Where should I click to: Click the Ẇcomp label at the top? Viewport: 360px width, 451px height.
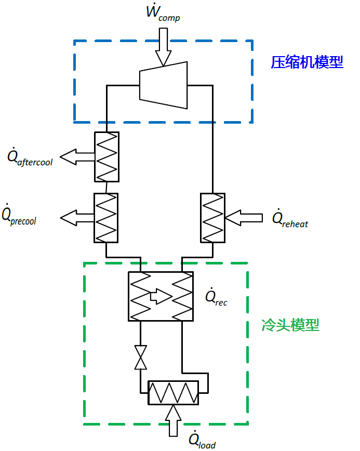[163, 14]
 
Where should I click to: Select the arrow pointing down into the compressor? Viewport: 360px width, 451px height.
[163, 47]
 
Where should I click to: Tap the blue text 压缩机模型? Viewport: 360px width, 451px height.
[307, 62]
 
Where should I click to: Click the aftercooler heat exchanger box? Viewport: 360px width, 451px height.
[106, 156]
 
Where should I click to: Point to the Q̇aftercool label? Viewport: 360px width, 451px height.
[30, 157]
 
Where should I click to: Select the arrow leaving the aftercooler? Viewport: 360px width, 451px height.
[76, 156]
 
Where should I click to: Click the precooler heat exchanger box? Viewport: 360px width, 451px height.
[106, 217]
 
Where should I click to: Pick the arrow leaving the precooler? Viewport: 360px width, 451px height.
[76, 217]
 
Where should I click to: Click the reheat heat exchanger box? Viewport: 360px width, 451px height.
[212, 217]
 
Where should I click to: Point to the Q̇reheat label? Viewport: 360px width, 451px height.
[290, 219]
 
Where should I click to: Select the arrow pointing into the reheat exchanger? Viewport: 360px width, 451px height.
[244, 218]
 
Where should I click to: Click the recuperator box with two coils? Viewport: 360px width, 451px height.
[161, 296]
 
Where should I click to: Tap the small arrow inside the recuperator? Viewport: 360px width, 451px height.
[160, 297]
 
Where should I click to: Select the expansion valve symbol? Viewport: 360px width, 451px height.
[140, 357]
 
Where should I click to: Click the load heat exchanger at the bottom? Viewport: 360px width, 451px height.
[173, 393]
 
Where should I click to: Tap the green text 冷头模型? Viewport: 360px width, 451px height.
[290, 326]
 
